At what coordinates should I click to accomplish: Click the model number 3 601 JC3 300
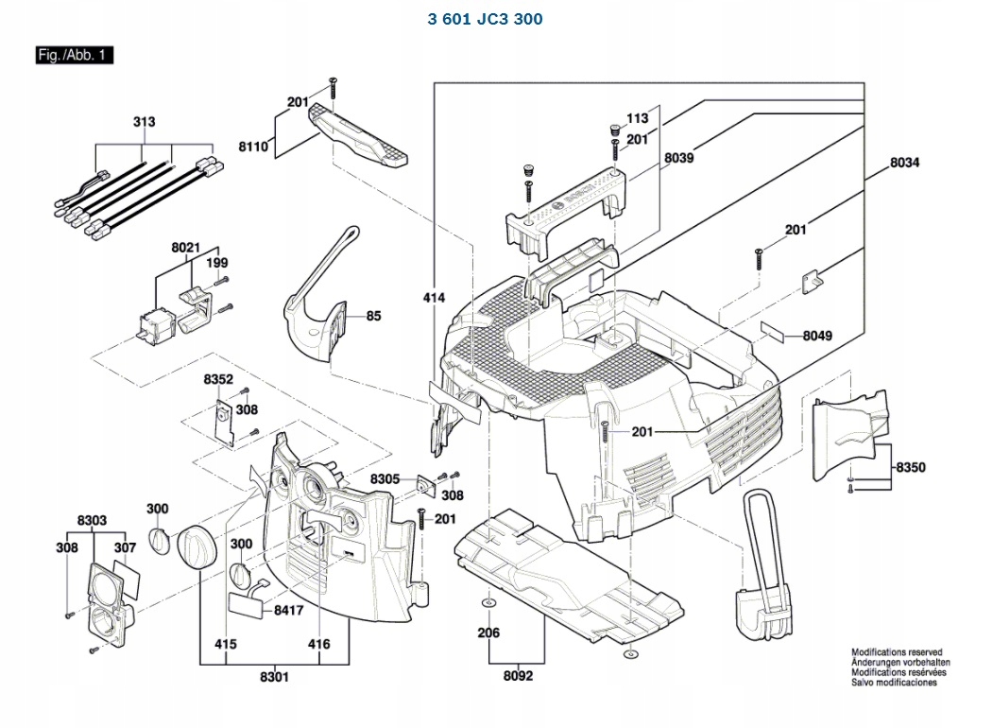coord(486,19)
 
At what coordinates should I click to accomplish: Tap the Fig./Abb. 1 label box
coord(74,55)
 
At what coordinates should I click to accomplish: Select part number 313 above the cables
coord(145,122)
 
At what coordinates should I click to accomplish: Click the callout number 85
coord(374,316)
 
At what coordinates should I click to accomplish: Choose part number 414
coord(434,298)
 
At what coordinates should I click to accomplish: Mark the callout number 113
coord(638,118)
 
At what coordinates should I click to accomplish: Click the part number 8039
coord(678,158)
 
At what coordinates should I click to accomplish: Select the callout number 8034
coord(904,163)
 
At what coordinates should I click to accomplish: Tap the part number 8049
coord(818,336)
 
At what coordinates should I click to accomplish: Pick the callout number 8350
coord(912,467)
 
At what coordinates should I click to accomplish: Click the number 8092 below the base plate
coord(518,677)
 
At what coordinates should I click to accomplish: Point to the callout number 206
coord(487,633)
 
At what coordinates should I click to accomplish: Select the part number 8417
coord(288,611)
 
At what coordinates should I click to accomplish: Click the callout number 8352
coord(218,379)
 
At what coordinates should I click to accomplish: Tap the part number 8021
coord(186,247)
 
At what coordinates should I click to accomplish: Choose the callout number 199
coord(217,262)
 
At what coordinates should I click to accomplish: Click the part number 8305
coord(385,479)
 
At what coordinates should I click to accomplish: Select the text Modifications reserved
coord(897,652)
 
